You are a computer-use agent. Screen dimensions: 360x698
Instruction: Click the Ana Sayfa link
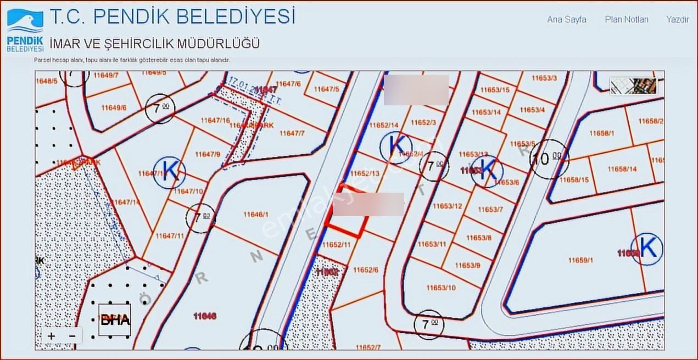566,19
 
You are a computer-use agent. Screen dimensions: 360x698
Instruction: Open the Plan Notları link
627,19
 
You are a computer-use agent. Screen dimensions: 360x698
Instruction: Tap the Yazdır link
677,19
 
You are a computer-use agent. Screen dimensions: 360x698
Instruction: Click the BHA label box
115,319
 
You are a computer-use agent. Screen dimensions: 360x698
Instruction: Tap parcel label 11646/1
255,215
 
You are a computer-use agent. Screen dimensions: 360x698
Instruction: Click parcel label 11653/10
441,288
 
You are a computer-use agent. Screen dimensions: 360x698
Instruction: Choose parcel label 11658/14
622,169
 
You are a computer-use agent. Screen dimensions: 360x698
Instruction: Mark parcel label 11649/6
114,108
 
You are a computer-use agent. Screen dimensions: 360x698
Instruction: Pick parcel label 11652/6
366,270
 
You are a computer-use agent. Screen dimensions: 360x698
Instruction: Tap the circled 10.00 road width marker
549,160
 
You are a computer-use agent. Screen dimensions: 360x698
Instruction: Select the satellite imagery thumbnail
634,86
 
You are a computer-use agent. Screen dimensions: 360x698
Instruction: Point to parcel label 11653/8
479,238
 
